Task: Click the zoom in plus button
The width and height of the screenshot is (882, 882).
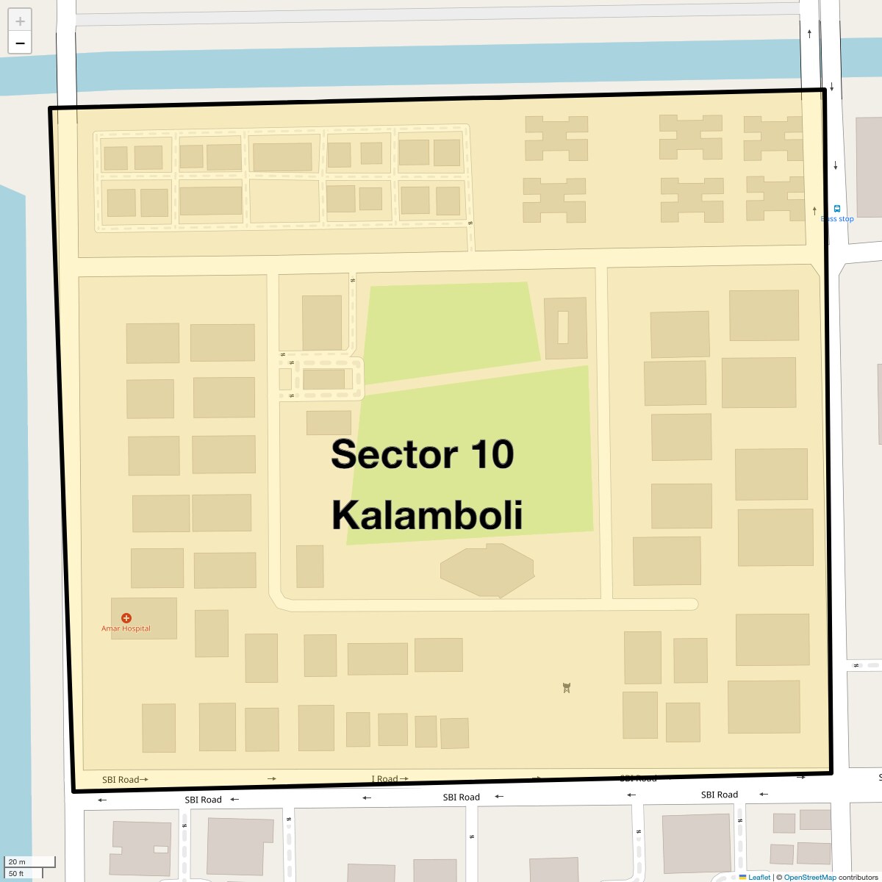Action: click(20, 21)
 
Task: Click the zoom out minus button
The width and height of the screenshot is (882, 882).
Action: click(20, 43)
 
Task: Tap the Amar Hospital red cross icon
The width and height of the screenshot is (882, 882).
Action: click(126, 618)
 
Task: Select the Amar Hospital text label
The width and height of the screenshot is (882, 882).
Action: click(126, 628)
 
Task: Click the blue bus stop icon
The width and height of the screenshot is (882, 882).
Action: click(837, 209)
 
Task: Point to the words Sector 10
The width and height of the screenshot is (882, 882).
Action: click(422, 454)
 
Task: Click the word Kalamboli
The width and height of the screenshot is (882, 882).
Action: click(427, 514)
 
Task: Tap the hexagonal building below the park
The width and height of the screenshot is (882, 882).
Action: click(487, 570)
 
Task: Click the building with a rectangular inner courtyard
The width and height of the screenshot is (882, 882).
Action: click(564, 328)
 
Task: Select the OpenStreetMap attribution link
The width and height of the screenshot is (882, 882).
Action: click(809, 877)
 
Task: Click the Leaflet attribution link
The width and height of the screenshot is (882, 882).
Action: click(759, 877)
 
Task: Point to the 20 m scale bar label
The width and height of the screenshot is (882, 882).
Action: click(17, 861)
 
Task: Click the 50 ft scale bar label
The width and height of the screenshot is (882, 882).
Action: click(17, 874)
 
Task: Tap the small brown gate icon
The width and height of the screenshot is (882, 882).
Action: click(566, 688)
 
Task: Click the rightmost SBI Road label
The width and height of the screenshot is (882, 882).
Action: click(719, 795)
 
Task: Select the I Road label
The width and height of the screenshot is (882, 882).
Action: click(384, 779)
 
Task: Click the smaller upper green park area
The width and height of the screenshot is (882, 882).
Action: click(450, 327)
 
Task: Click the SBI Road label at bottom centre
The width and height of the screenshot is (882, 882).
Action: click(461, 797)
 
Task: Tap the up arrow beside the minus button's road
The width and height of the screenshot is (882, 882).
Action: click(809, 34)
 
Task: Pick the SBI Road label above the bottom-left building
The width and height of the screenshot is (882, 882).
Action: click(203, 800)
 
